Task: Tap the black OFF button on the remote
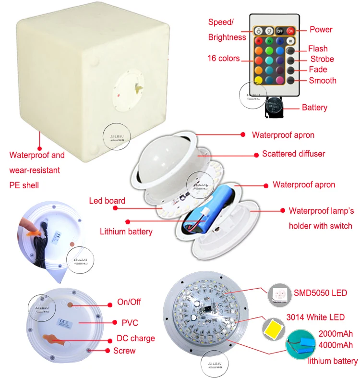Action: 279,30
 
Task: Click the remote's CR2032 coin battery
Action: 275,107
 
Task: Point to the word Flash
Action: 318,49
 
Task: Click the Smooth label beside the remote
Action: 323,80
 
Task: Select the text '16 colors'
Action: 224,58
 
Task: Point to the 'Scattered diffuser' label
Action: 293,154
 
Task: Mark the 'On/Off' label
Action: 129,302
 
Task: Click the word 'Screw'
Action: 124,351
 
